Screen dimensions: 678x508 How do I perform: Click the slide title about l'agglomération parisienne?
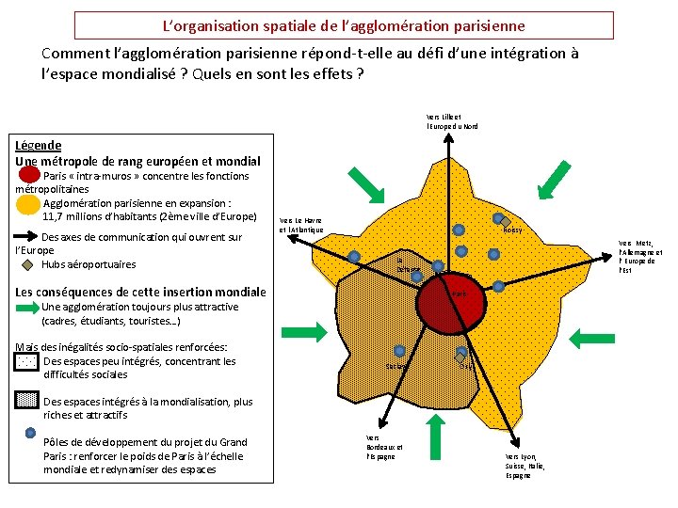click(344, 25)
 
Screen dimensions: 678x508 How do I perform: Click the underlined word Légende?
click(39, 145)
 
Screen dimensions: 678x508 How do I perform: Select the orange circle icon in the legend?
click(28, 204)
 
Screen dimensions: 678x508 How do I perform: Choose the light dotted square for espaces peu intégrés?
click(27, 362)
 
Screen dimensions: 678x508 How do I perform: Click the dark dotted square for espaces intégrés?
click(27, 401)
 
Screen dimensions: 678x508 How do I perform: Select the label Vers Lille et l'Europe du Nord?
click(452, 121)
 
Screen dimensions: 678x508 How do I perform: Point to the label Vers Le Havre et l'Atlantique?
click(301, 225)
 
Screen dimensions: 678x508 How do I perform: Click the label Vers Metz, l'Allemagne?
click(640, 256)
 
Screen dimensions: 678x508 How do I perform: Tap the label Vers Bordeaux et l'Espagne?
click(383, 447)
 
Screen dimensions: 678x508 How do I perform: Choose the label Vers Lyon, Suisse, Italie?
click(525, 466)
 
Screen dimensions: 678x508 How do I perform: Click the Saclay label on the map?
click(397, 366)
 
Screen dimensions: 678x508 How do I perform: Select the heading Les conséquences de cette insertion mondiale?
click(141, 292)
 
